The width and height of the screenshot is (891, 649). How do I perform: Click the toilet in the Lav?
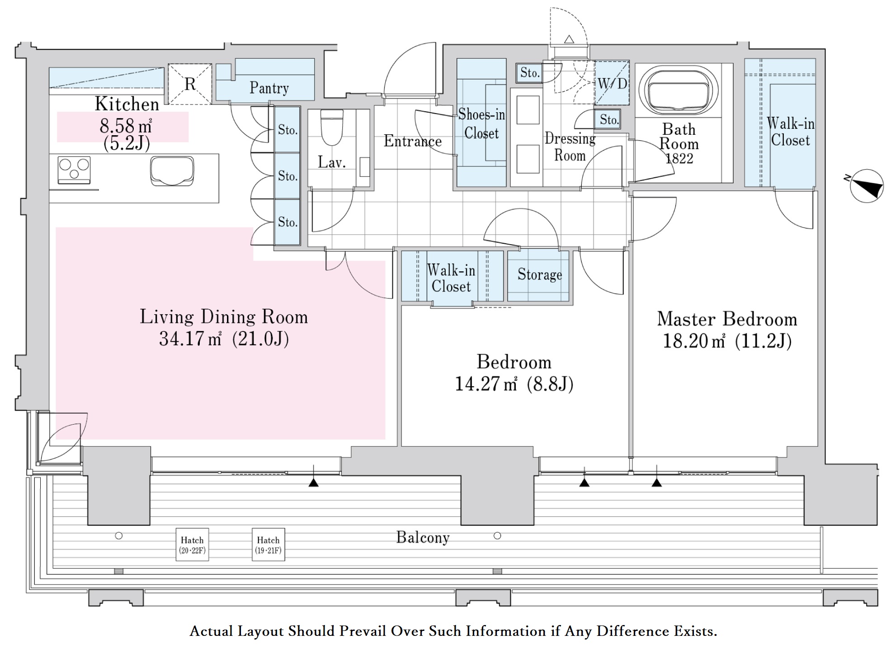(331, 127)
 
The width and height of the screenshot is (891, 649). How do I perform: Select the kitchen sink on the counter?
(172, 171)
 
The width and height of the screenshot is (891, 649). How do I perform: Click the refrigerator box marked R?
(190, 84)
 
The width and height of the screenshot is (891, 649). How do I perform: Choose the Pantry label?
(269, 88)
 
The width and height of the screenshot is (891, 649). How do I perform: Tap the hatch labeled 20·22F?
(192, 545)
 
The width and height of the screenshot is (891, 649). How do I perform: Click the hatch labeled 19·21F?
(268, 545)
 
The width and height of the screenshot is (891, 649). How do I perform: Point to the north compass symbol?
(866, 186)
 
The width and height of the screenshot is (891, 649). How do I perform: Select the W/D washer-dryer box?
(612, 83)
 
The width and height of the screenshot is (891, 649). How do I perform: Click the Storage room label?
(540, 275)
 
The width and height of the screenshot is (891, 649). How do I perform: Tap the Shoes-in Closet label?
(481, 124)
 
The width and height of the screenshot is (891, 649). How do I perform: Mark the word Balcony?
(423, 537)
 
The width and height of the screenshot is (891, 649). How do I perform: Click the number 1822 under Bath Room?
(679, 158)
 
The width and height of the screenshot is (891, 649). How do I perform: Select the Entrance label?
(412, 141)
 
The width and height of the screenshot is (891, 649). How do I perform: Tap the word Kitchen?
(127, 104)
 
